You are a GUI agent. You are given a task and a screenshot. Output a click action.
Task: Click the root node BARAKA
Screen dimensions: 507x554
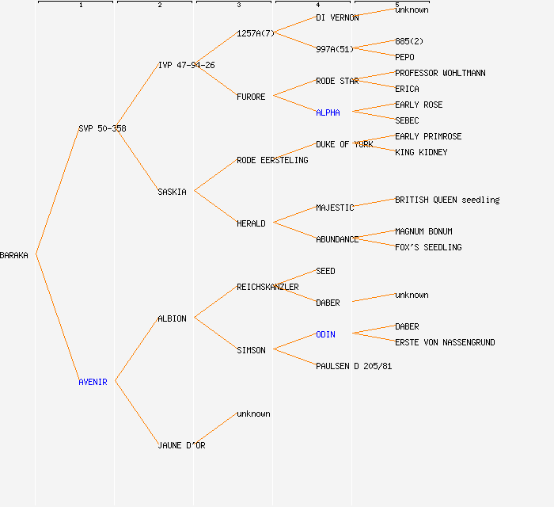click(14, 255)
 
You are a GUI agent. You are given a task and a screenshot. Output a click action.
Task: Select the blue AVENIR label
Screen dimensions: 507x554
click(93, 382)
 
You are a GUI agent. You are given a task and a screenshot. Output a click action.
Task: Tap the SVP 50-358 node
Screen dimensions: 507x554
click(102, 128)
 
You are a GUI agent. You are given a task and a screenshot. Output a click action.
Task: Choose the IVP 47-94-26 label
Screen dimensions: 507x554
click(186, 65)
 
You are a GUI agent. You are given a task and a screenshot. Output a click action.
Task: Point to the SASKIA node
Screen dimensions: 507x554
click(172, 192)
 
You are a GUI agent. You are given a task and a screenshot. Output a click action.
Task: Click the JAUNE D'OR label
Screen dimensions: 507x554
click(181, 445)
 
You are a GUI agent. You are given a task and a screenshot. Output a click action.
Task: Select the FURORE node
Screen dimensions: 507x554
click(251, 97)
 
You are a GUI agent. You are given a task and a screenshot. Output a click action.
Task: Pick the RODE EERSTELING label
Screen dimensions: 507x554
click(272, 160)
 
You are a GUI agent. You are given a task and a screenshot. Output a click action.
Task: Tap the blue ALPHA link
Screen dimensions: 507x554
click(328, 112)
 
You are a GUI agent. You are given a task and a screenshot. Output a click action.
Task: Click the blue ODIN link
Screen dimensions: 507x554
click(325, 334)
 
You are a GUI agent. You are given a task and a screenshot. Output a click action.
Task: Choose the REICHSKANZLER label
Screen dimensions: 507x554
click(268, 287)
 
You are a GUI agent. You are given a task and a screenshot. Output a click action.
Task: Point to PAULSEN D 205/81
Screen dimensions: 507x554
click(354, 366)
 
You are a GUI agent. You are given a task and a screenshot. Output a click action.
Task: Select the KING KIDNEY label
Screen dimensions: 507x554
click(421, 152)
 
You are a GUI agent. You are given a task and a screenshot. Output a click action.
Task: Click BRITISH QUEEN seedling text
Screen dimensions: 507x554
click(447, 200)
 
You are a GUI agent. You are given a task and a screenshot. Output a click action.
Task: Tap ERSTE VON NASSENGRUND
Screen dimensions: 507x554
click(445, 342)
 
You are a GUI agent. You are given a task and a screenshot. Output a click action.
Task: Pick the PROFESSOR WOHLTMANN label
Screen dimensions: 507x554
click(440, 73)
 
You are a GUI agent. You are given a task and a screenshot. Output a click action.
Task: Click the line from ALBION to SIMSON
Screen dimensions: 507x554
click(215, 334)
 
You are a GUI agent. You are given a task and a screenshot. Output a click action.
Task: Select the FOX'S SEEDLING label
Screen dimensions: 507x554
click(428, 247)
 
